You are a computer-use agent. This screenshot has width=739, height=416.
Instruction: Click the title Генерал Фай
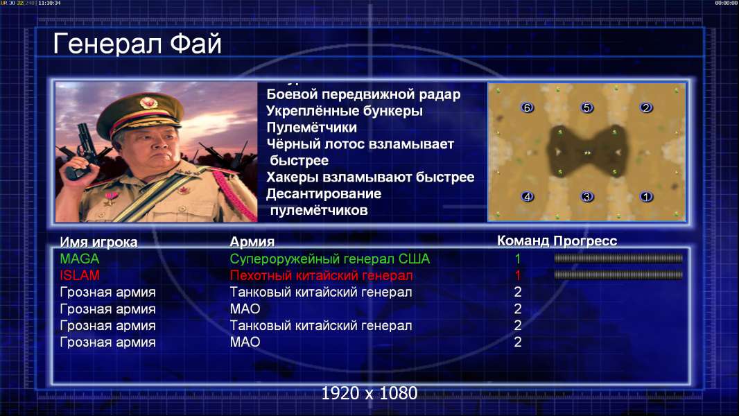(137, 44)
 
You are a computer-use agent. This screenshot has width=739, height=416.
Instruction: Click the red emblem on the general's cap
(148, 103)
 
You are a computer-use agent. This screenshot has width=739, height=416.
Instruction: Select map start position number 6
(527, 108)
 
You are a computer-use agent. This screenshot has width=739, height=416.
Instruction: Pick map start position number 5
(586, 108)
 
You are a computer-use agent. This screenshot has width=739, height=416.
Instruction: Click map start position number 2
(645, 108)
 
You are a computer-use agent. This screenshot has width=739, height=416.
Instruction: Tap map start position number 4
(527, 196)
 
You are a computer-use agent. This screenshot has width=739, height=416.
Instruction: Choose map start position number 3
(586, 196)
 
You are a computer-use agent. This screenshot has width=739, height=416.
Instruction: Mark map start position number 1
(645, 196)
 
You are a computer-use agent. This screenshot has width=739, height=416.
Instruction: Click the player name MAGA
(79, 259)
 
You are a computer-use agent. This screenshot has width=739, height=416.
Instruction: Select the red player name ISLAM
(79, 275)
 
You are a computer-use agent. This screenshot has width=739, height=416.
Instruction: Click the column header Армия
(252, 242)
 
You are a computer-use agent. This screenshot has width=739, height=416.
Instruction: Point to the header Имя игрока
(98, 242)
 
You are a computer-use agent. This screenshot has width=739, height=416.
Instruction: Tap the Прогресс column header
(585, 241)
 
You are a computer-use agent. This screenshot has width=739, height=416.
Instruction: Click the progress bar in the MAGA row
(618, 258)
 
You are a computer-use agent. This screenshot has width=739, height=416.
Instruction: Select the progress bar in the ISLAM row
(618, 275)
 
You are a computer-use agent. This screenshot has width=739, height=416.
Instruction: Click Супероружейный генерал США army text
(329, 259)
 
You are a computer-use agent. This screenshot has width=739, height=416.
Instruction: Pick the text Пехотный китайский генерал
(321, 275)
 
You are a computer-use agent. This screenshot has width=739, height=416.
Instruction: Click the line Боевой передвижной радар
(363, 94)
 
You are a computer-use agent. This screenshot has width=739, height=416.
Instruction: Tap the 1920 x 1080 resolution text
(369, 393)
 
